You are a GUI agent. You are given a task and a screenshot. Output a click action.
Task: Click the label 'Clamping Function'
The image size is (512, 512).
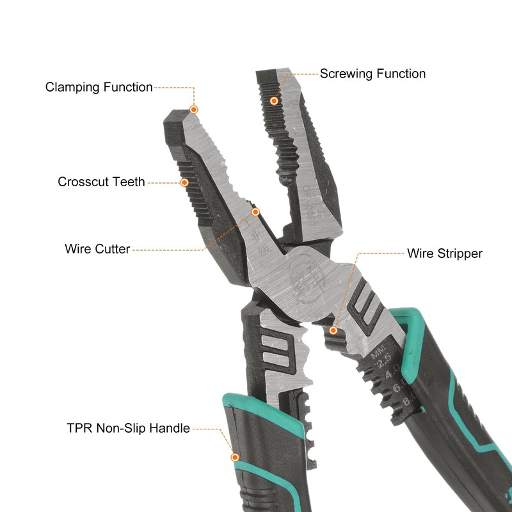point(99,87)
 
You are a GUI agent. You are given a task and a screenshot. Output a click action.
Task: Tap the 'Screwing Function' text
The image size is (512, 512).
point(372,74)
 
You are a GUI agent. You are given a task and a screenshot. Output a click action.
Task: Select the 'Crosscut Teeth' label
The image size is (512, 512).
point(101,182)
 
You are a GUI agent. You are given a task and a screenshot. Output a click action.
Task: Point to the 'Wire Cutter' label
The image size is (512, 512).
point(97,248)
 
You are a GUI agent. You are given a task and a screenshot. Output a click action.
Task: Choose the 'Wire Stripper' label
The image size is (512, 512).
point(445,253)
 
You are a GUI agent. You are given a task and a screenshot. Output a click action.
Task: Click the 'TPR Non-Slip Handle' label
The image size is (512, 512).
point(128,428)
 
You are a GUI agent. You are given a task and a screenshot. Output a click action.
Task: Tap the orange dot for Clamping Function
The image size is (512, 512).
point(195,109)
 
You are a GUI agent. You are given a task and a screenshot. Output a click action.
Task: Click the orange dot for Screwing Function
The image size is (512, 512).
point(274,100)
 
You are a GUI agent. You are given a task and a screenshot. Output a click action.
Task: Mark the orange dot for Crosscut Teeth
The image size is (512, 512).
point(184,182)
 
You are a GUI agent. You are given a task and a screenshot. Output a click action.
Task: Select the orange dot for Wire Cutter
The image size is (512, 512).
point(255,211)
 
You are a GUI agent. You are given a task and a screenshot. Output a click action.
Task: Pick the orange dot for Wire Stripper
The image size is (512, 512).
point(333,330)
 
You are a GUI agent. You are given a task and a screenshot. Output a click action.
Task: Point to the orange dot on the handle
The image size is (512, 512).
point(236,458)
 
